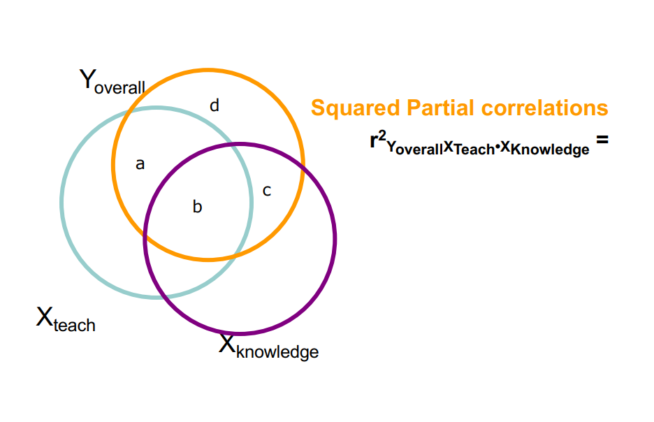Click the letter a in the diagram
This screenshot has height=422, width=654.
140,164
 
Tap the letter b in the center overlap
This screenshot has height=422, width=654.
197,207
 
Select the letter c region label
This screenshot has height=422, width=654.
266,190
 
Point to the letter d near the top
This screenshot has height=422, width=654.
215,105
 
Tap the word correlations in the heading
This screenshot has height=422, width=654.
545,108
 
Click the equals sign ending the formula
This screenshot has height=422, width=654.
602,140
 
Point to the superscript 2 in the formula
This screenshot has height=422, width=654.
381,135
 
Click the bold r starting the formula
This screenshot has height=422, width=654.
374,142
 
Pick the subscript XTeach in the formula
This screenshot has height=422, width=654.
469,147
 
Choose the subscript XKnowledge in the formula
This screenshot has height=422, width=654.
544,147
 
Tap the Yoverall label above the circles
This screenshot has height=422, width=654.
112,82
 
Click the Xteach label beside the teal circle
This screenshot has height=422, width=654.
66,320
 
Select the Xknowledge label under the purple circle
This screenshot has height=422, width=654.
268,347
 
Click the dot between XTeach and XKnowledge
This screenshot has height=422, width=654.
497,147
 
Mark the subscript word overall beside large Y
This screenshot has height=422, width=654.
120,87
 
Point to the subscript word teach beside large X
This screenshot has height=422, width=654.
74,325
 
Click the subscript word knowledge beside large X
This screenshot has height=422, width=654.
277,351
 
